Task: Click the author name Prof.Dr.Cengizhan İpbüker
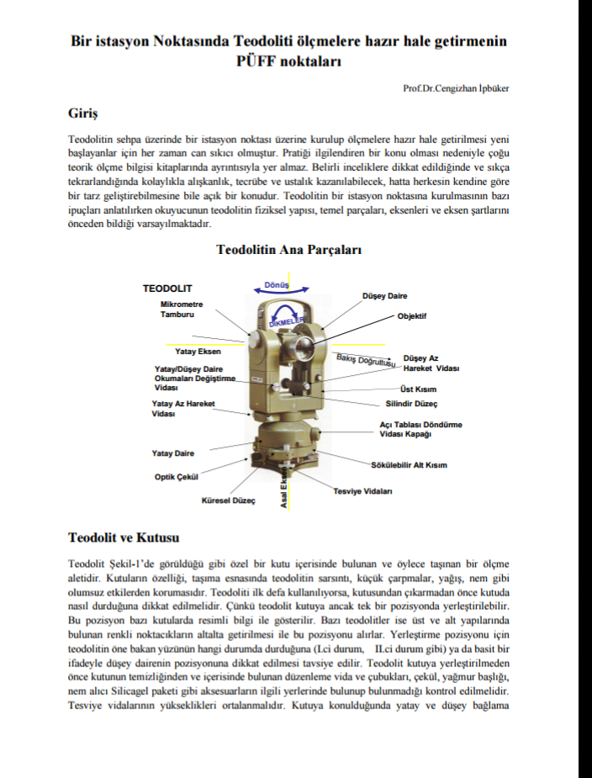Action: click(456, 88)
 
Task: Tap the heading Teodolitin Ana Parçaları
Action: click(288, 250)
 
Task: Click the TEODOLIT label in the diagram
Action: click(167, 288)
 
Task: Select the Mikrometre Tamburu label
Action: click(182, 309)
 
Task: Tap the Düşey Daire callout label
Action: click(384, 296)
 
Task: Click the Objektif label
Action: click(412, 316)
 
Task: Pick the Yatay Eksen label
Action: click(198, 352)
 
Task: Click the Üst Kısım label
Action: click(418, 389)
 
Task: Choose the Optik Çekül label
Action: click(176, 477)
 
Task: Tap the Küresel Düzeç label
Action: click(228, 500)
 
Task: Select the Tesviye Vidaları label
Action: click(362, 490)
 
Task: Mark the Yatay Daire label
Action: click(173, 453)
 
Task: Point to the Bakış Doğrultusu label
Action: click(366, 360)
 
